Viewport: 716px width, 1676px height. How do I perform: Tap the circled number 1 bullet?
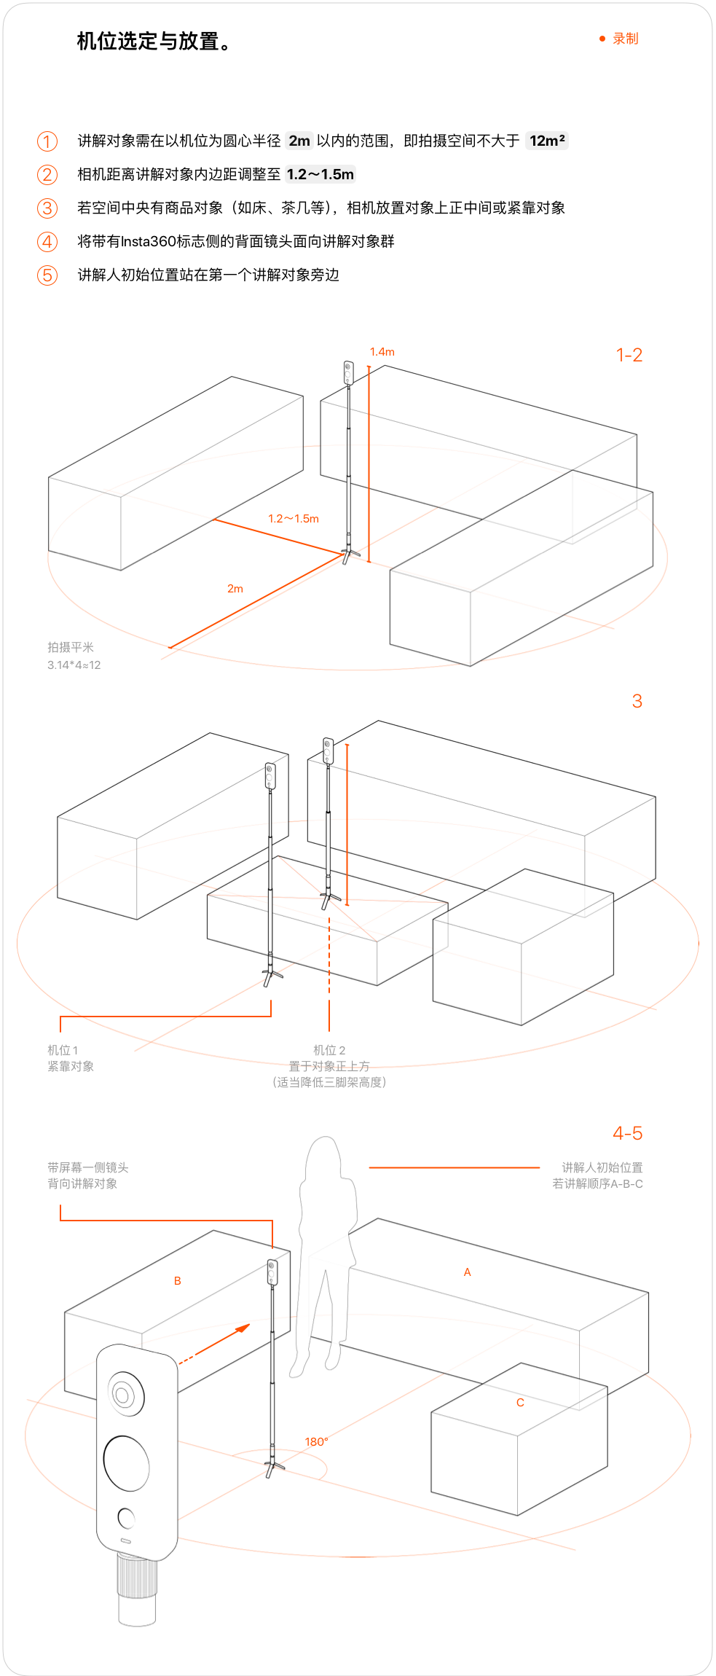(x=47, y=141)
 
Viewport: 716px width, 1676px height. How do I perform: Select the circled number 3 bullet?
(x=47, y=208)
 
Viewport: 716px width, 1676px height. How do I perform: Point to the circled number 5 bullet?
(x=47, y=275)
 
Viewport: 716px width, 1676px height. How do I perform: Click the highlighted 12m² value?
(x=547, y=141)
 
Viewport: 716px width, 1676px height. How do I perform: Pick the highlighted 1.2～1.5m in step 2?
(x=320, y=175)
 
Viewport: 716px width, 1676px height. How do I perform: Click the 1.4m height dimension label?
(x=382, y=352)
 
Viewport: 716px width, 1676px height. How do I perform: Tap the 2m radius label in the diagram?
(x=235, y=589)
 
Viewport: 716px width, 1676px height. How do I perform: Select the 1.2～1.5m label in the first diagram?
(x=294, y=519)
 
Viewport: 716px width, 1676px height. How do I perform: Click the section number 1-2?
(x=629, y=356)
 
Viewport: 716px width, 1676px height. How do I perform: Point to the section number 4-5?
(x=627, y=1133)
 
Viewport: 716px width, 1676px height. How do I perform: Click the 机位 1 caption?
(x=63, y=1050)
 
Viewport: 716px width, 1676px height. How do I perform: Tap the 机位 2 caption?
(x=329, y=1050)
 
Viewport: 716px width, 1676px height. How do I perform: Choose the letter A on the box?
(x=468, y=1272)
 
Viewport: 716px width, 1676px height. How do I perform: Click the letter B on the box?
(x=178, y=1281)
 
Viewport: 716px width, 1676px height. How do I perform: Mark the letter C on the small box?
(x=520, y=1403)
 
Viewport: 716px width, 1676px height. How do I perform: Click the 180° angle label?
(x=316, y=1442)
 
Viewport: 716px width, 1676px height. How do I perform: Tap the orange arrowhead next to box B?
(x=243, y=1328)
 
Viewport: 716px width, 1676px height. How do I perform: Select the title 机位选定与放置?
(x=154, y=42)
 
